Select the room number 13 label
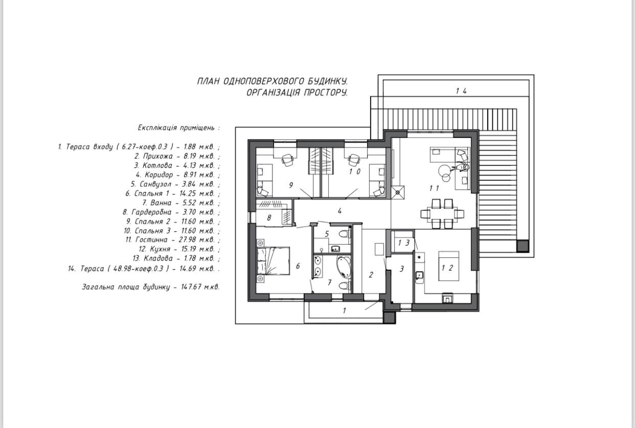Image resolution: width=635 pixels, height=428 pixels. point(404,243)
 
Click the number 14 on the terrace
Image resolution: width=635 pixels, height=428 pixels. point(461,91)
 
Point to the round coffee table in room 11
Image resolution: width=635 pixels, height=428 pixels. point(444,171)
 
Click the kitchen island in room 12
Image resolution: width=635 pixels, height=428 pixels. point(449,266)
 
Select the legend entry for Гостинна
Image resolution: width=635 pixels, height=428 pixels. point(172,240)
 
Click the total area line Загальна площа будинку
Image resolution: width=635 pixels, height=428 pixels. point(151,287)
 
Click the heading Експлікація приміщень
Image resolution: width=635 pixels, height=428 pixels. point(178,128)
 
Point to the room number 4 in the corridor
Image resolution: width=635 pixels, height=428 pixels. point(339,211)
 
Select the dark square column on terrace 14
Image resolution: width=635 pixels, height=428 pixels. point(522,246)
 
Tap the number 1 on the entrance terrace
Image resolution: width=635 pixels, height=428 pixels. point(345,311)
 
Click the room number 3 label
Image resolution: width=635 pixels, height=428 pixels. point(402,269)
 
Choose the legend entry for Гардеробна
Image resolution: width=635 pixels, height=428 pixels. point(171,212)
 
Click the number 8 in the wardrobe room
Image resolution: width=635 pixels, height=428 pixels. point(269,218)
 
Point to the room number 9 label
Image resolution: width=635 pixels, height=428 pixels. point(291,185)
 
